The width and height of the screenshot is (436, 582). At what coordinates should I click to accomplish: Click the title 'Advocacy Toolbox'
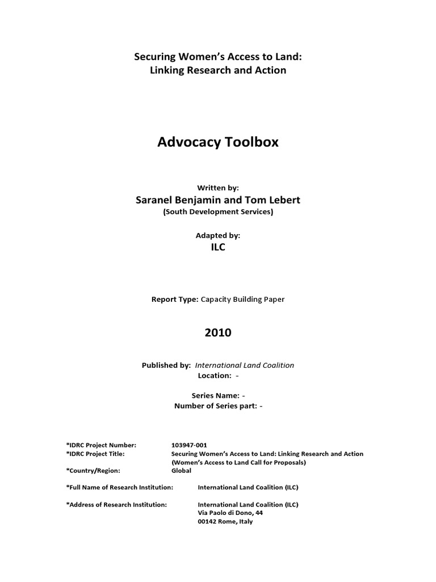click(x=218, y=142)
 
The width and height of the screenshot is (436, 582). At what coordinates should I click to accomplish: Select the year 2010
click(x=218, y=332)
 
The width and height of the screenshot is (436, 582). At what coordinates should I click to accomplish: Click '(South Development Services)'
click(x=218, y=212)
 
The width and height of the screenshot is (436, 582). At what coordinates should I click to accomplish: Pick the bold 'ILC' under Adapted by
click(x=218, y=247)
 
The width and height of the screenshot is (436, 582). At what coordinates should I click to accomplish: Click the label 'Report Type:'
click(x=175, y=299)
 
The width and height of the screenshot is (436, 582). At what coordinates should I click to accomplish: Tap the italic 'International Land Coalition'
click(x=245, y=365)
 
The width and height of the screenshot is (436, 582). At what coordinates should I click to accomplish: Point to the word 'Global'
click(x=182, y=471)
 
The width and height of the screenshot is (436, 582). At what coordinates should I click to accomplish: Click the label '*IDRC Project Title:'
click(x=95, y=454)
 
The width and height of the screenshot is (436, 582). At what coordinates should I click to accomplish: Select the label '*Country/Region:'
click(x=93, y=471)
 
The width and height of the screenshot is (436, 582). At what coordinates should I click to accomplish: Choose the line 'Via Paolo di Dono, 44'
click(x=230, y=513)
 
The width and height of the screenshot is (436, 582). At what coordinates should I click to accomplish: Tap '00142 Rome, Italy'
click(x=225, y=521)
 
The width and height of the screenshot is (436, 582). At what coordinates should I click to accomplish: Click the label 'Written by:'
click(x=218, y=187)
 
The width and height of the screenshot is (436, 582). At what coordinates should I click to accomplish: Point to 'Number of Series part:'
click(x=216, y=406)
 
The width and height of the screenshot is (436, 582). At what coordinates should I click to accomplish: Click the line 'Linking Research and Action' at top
click(x=218, y=70)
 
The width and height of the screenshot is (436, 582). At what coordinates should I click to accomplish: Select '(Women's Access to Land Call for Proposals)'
click(x=238, y=462)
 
